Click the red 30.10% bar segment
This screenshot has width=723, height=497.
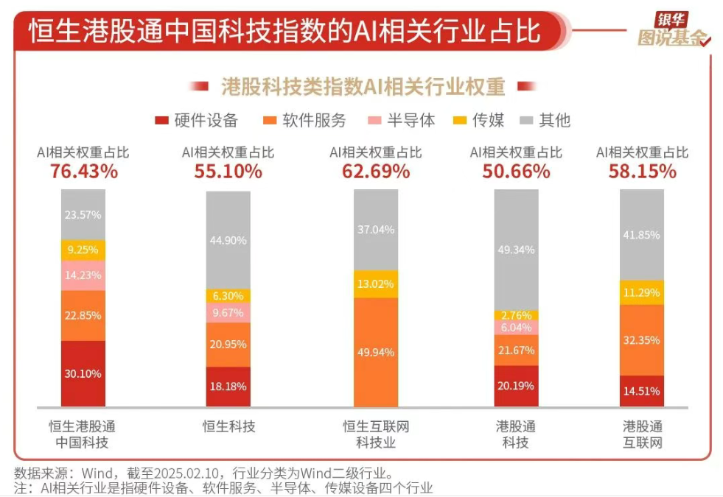(83, 373)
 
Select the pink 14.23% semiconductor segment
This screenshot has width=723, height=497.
(83, 275)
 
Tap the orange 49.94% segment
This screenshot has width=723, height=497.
(376, 352)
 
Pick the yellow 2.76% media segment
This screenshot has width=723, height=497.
(516, 315)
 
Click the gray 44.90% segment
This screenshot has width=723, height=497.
(228, 240)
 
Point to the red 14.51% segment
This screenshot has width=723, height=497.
(641, 391)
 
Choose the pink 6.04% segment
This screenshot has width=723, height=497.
(516, 328)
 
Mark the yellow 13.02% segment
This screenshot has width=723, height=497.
(376, 284)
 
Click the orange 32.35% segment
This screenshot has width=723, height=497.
(641, 340)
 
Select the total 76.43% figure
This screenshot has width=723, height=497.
(83, 172)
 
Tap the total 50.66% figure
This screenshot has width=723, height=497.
(516, 172)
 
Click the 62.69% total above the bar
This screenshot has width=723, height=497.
(376, 172)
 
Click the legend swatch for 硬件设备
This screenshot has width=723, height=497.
(161, 121)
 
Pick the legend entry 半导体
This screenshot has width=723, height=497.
(412, 121)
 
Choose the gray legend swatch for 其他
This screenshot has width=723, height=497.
(526, 121)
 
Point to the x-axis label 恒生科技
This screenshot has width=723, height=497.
(228, 426)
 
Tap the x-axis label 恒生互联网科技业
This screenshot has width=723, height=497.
(376, 434)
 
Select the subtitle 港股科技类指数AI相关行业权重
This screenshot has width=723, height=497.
(363, 87)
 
